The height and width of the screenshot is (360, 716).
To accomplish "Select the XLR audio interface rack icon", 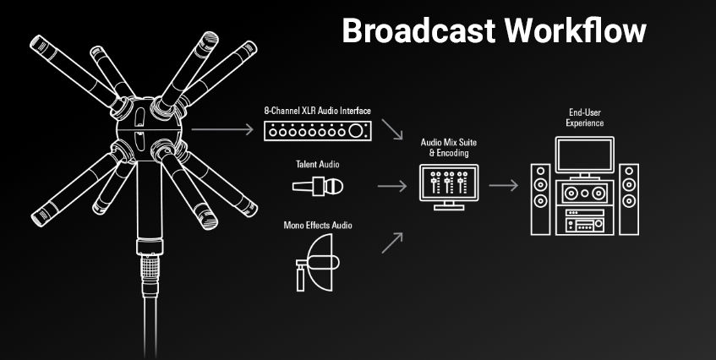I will [x=316, y=132].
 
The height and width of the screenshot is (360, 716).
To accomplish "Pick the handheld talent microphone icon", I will [x=318, y=186].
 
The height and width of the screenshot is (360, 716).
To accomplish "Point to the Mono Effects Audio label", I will [x=317, y=226].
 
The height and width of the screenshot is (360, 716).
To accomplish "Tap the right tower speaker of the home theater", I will [x=627, y=199].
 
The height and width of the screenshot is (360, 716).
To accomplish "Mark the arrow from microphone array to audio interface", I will [x=222, y=130].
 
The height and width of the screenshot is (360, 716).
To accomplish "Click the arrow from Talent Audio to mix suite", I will [x=391, y=186].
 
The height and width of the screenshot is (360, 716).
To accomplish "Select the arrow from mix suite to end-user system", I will [x=504, y=186].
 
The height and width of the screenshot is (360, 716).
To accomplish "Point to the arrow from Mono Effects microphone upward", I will [x=391, y=243].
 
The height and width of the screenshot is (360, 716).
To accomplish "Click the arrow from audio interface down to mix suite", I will [x=391, y=130].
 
